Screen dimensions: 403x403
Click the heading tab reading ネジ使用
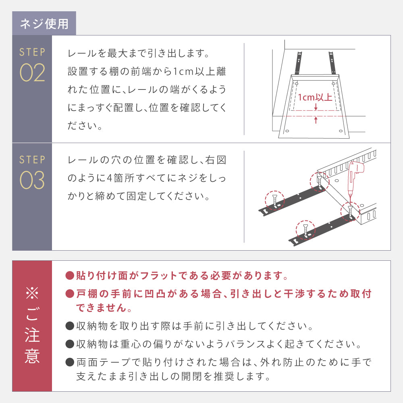[44, 24]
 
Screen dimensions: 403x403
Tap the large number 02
[32, 73]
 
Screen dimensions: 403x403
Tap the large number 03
[32, 180]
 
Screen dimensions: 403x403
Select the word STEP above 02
[32, 52]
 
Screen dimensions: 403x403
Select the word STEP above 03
[32, 160]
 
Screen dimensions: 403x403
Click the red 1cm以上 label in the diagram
[315, 98]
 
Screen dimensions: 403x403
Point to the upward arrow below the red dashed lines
[316, 120]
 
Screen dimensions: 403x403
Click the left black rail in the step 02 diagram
[298, 63]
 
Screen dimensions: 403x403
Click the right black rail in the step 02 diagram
[332, 63]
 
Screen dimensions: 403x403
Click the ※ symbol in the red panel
[32, 293]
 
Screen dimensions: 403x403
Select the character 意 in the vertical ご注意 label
[32, 355]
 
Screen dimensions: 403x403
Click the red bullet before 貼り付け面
[70, 276]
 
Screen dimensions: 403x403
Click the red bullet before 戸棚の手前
[70, 293]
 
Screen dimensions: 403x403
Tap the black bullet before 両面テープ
[70, 362]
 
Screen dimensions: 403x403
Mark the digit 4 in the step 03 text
[110, 178]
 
